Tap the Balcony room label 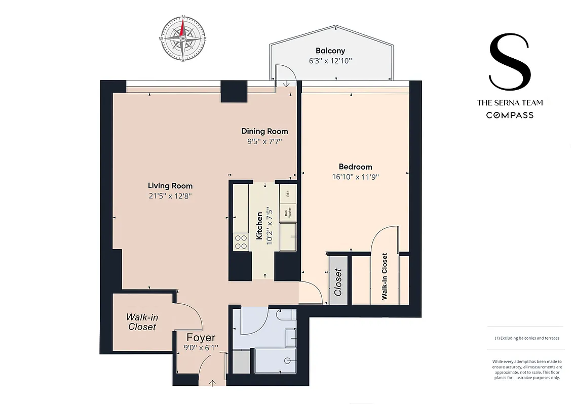point(330,51)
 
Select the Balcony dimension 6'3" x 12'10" point(330,61)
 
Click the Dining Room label point(264,132)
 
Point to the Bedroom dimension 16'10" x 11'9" point(355,177)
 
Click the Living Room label point(170,186)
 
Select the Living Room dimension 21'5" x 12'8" point(170,196)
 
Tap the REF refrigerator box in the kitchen point(287,193)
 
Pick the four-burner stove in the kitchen point(241,242)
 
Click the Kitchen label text point(259,226)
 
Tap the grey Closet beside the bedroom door point(338,282)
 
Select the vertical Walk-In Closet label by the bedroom point(385,277)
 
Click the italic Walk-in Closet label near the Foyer point(142,322)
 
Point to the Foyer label point(201,338)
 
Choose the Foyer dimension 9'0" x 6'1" point(201,348)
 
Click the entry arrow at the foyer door point(212,382)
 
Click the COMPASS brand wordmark point(510,115)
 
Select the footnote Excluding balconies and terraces point(527,338)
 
